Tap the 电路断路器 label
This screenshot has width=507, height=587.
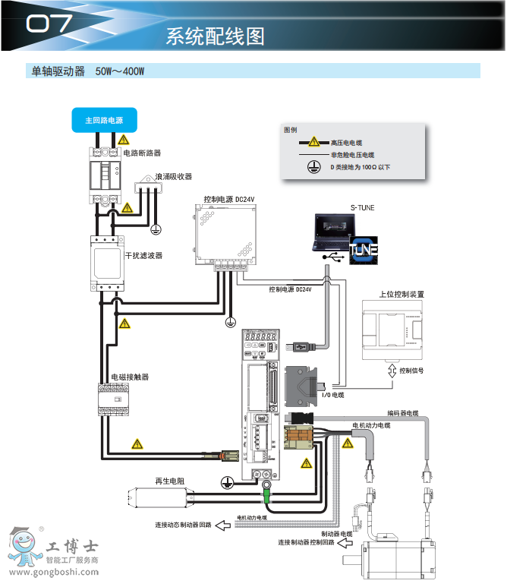coord(143,153)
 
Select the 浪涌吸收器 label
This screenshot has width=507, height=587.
coord(174,176)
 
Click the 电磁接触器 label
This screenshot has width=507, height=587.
coord(130,377)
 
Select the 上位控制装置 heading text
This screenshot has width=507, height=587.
coord(402,294)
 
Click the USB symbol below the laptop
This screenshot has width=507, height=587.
coord(332,258)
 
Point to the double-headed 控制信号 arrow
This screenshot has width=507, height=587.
coord(392,371)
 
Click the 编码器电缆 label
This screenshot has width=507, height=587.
coord(402,413)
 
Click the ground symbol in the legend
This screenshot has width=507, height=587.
coord(311,167)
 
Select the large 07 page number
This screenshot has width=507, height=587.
coord(49,25)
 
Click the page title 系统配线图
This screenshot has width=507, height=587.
coord(215,36)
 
